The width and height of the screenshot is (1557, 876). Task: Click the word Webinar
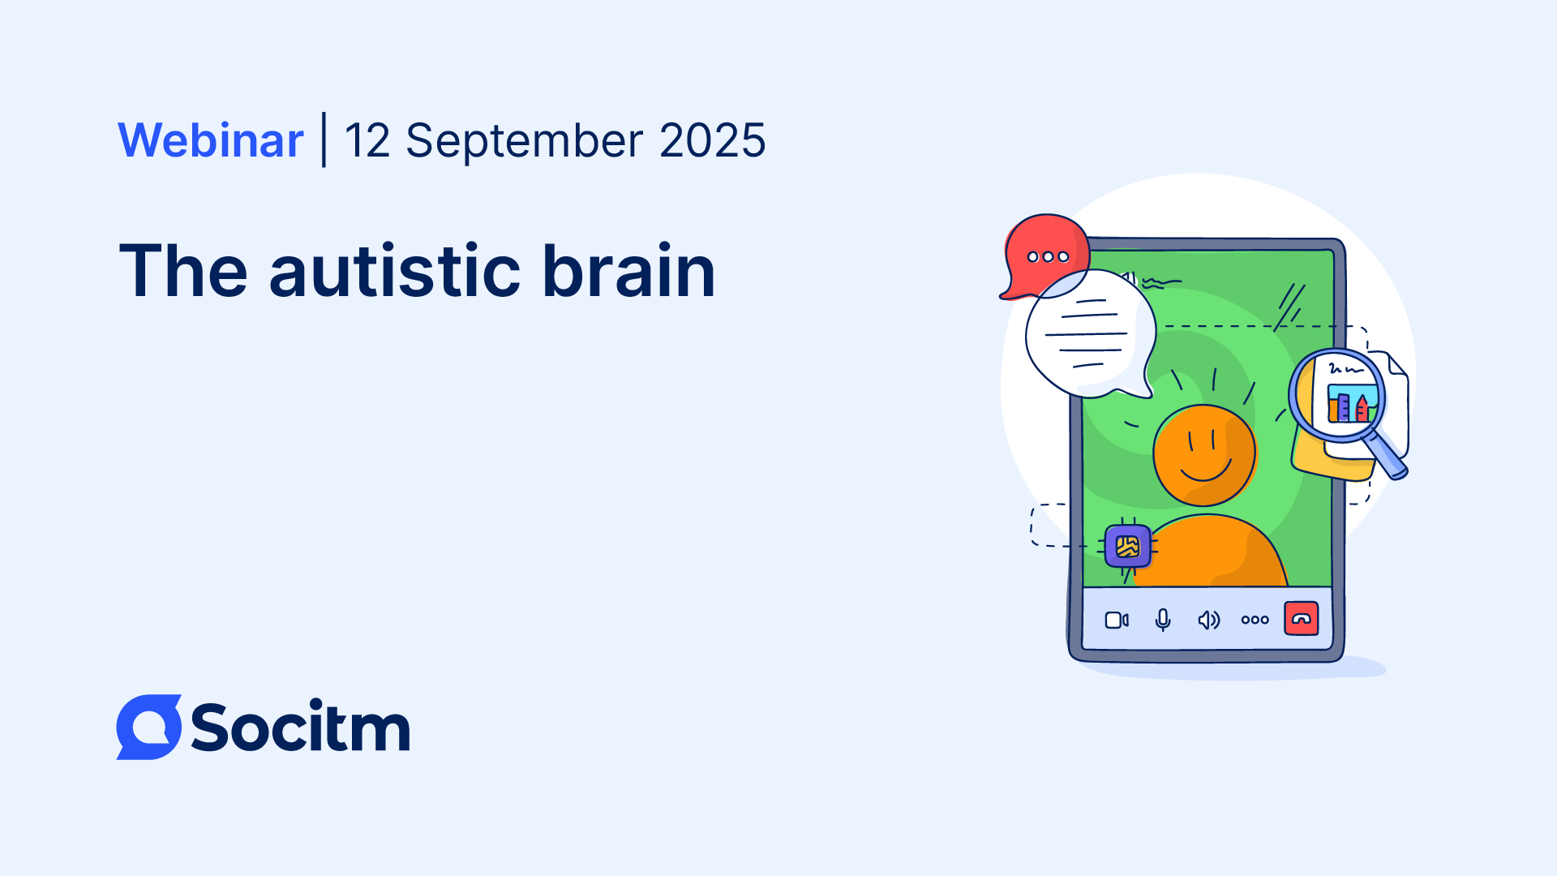pos(211,140)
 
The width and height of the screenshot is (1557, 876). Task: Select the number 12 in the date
pos(367,140)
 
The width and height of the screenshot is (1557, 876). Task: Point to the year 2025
pos(712,140)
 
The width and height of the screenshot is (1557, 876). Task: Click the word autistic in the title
pos(395,271)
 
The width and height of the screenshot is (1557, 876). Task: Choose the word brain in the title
pos(628,271)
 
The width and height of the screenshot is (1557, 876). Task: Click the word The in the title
pos(183,271)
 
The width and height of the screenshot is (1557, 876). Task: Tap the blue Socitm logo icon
pos(149,727)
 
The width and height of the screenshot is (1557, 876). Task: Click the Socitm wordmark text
pos(300,728)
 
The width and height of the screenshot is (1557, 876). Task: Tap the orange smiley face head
pos(1204,455)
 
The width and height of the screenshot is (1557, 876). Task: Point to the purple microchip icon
pos(1128,547)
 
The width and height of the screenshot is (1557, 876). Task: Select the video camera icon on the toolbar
pos(1117,620)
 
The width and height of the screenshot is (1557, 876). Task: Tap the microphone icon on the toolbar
pos(1163,620)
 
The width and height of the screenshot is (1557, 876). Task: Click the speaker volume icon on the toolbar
pos(1208,620)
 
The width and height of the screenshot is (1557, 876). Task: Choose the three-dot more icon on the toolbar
pos(1255,620)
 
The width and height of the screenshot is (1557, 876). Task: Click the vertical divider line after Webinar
pos(324,140)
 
